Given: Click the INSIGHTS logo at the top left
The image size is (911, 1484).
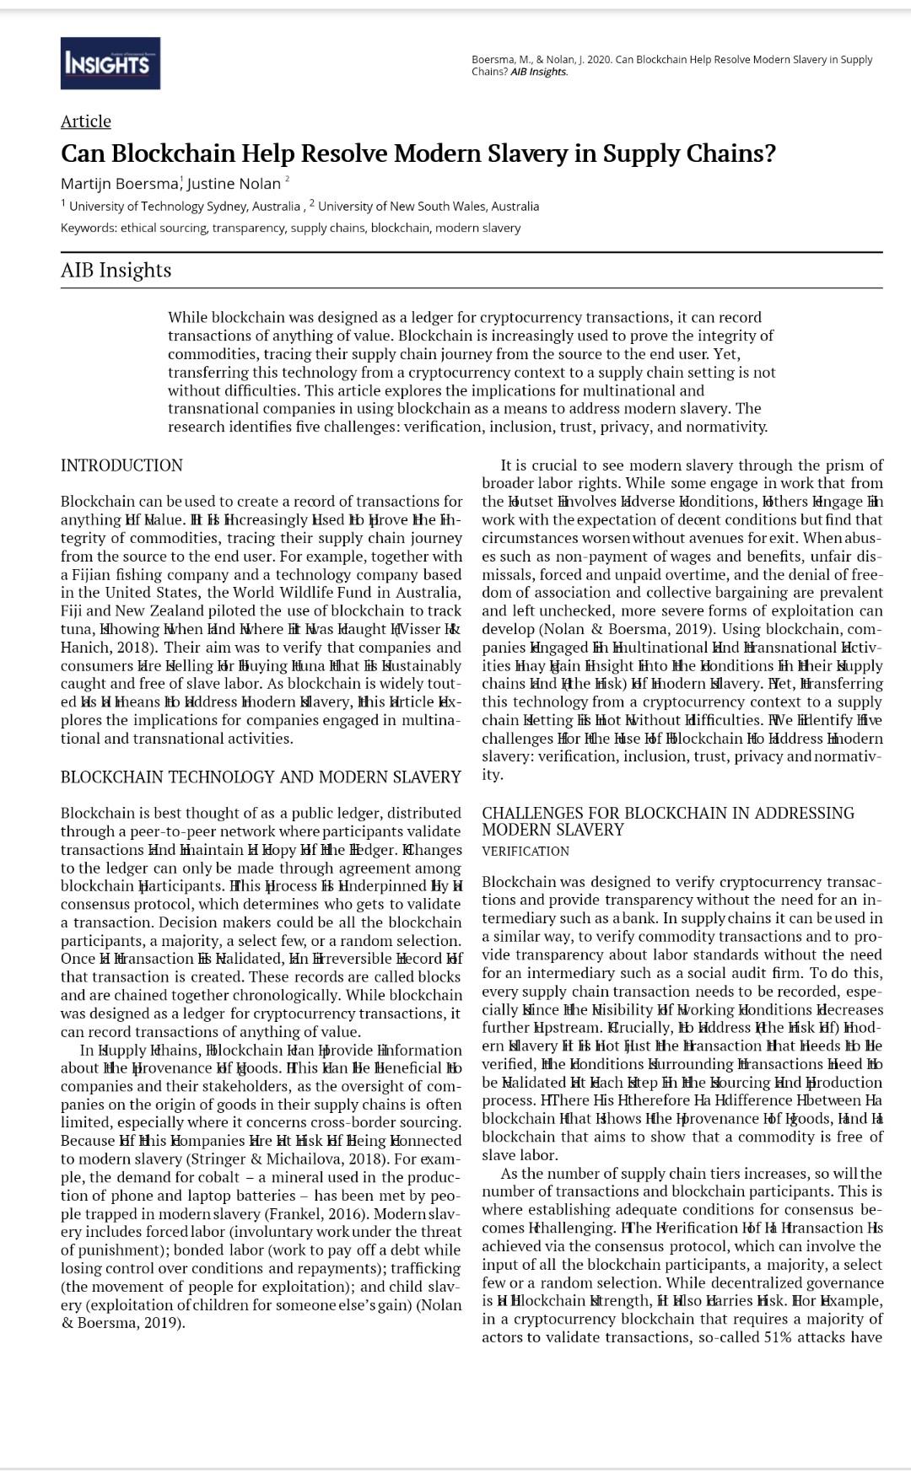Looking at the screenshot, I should [110, 63].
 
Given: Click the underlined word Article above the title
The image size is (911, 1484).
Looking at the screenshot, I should [85, 121].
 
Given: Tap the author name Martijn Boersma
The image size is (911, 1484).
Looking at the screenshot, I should [119, 184].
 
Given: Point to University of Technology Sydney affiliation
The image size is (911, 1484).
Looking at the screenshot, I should [184, 207].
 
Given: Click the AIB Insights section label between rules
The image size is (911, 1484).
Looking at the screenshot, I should [116, 270].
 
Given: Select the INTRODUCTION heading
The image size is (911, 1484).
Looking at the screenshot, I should [121, 465].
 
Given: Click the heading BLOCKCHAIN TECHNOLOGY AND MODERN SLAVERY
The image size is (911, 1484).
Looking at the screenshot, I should [261, 777].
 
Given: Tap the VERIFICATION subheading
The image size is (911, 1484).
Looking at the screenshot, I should [526, 852].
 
